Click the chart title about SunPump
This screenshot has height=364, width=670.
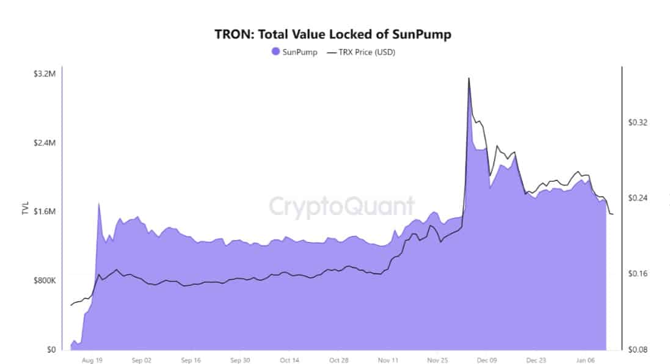click(x=333, y=34)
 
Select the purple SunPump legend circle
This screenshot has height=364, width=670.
click(x=276, y=52)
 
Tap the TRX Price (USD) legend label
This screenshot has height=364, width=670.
click(x=367, y=52)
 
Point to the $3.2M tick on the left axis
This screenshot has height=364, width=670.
click(x=45, y=74)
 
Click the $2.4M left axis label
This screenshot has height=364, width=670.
click(x=45, y=143)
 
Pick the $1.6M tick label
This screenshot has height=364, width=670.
click(x=45, y=212)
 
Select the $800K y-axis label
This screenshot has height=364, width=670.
click(x=44, y=281)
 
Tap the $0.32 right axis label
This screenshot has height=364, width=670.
click(x=638, y=123)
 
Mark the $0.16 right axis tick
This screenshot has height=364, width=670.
click(x=638, y=274)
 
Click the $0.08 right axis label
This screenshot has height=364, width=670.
click(x=638, y=350)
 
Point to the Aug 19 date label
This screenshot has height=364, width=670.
click(x=91, y=360)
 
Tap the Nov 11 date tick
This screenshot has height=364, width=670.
click(x=388, y=360)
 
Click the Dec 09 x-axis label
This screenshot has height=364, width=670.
click(x=487, y=360)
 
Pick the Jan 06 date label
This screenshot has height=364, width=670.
click(x=586, y=360)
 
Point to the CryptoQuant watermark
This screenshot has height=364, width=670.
click(x=341, y=206)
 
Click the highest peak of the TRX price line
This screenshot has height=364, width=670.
click(x=468, y=78)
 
